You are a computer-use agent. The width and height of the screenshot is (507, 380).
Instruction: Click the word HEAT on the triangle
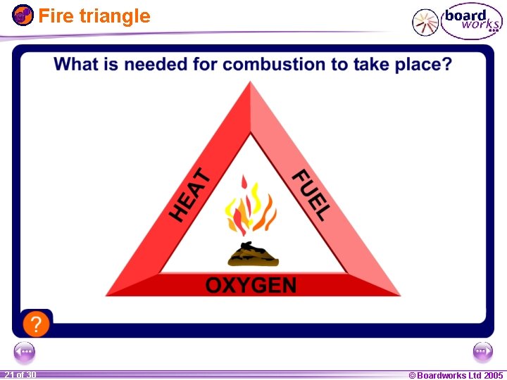[190, 195]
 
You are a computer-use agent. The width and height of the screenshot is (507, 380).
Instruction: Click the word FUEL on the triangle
[311, 195]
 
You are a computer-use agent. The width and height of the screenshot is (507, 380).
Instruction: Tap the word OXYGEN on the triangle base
[251, 285]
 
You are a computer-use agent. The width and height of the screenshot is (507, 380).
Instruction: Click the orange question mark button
[36, 324]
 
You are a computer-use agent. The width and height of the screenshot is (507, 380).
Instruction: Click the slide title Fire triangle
[94, 15]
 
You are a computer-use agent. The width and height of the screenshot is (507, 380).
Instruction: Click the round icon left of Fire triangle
[23, 15]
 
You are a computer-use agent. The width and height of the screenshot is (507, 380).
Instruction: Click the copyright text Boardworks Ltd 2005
[456, 375]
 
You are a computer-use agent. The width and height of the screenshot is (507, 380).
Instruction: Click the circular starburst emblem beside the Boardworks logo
[425, 23]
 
